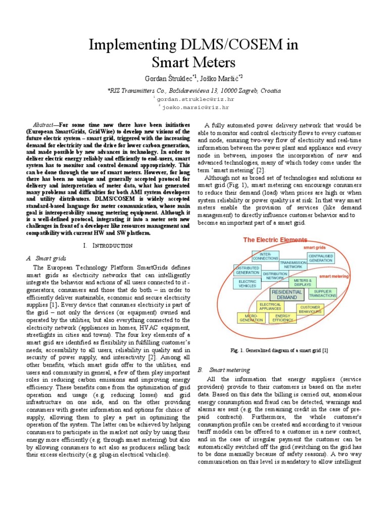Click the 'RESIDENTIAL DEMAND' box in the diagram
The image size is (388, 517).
click(x=287, y=295)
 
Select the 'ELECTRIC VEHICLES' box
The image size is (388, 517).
click(x=247, y=284)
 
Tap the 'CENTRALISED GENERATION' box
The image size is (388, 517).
click(x=320, y=258)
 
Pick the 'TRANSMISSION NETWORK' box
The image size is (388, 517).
click(x=293, y=265)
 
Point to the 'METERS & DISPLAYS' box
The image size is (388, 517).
click(x=302, y=282)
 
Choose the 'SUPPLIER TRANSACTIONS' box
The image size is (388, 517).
click(x=322, y=294)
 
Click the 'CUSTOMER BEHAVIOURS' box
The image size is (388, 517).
click(x=310, y=309)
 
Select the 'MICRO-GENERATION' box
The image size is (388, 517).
click(x=251, y=318)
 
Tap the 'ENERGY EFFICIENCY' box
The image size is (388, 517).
click(x=282, y=318)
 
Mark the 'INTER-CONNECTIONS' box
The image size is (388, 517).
click(x=265, y=256)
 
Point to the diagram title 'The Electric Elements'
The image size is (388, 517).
click(x=275, y=240)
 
